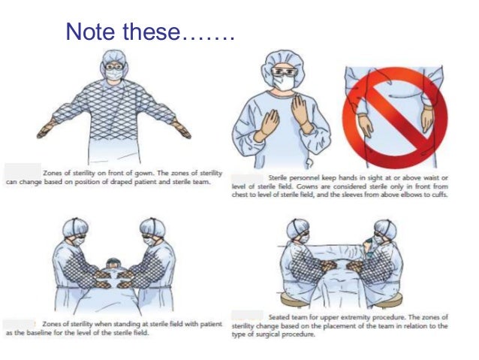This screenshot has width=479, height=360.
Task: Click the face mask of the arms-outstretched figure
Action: pyautogui.click(x=114, y=74)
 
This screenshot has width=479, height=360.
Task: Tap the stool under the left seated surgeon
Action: pyautogui.click(x=287, y=301)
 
